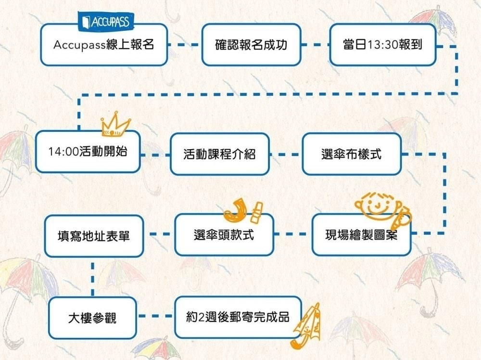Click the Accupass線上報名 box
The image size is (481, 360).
pyautogui.click(x=104, y=45)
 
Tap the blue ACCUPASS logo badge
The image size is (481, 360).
pyautogui.click(x=106, y=21)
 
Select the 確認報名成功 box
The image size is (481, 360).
pyautogui.click(x=251, y=45)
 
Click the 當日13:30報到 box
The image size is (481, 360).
pyautogui.click(x=382, y=45)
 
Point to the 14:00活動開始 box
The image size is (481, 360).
pyautogui.click(x=88, y=151)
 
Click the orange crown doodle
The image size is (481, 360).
pyautogui.click(x=115, y=126)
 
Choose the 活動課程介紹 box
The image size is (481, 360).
pyautogui.click(x=219, y=154)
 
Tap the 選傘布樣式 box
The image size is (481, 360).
pyautogui.click(x=351, y=154)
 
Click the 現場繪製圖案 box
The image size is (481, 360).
pyautogui.click(x=361, y=235)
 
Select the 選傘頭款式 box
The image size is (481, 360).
pyautogui.click(x=224, y=235)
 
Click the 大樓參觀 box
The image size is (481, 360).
pyautogui.click(x=92, y=318)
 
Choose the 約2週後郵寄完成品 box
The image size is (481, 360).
pyautogui.click(x=238, y=317)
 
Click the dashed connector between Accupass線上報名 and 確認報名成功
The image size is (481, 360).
pyautogui.click(x=184, y=45)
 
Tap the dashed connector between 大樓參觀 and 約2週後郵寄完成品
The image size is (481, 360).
pyautogui.click(x=156, y=317)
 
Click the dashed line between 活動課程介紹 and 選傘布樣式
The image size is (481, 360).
pyautogui.click(x=285, y=154)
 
